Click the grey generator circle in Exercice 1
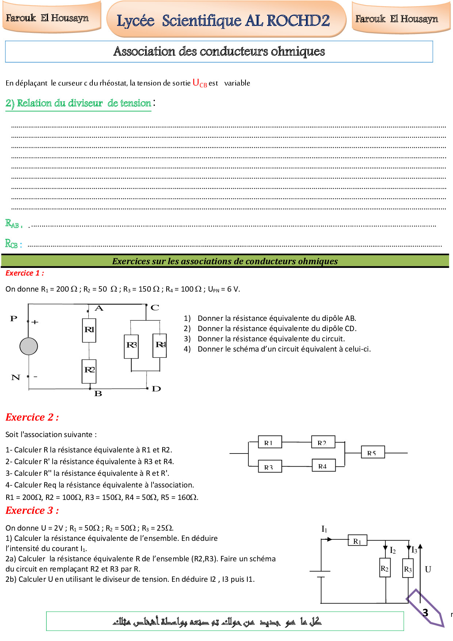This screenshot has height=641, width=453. coord(28,346)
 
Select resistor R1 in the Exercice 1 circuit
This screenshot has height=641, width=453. coord(89,330)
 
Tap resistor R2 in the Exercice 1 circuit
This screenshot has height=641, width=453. coord(90,370)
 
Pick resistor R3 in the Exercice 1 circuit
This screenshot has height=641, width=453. coord(132,345)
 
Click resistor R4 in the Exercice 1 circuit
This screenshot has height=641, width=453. coord(160,345)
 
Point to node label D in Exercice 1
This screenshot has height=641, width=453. coord(156,389)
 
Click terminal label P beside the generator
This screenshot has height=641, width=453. coord(14,319)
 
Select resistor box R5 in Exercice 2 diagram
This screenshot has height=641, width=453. coord(373,452)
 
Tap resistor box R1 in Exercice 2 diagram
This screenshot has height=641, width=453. coord(270,442)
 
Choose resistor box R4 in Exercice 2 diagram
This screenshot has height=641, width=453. coord(323,466)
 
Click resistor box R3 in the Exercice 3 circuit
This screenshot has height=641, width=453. coord(408,569)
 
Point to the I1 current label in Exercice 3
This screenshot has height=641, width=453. coord(324,529)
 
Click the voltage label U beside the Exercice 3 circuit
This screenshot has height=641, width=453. coord(428,569)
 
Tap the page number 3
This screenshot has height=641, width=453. coord(425,612)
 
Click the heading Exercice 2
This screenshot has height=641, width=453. coord(32,417)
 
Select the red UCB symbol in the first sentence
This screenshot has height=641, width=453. coord(199,83)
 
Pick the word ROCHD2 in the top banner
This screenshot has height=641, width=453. coord(298,20)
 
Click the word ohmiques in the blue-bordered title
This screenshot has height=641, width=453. coord(298,52)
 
